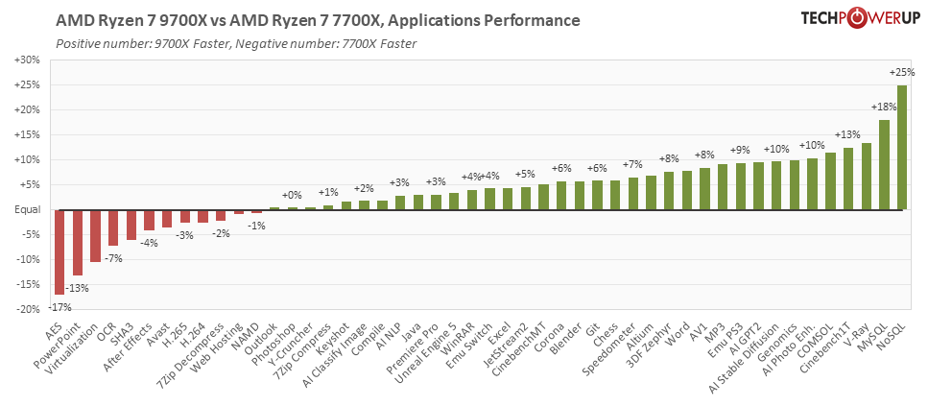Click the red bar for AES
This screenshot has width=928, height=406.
(59, 251)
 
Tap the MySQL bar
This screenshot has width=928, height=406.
(884, 164)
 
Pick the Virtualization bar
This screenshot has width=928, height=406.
(95, 235)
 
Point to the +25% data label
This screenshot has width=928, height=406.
(901, 72)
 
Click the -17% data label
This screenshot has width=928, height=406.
(59, 306)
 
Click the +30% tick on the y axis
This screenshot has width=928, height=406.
(27, 60)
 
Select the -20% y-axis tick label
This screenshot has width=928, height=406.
(27, 309)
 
